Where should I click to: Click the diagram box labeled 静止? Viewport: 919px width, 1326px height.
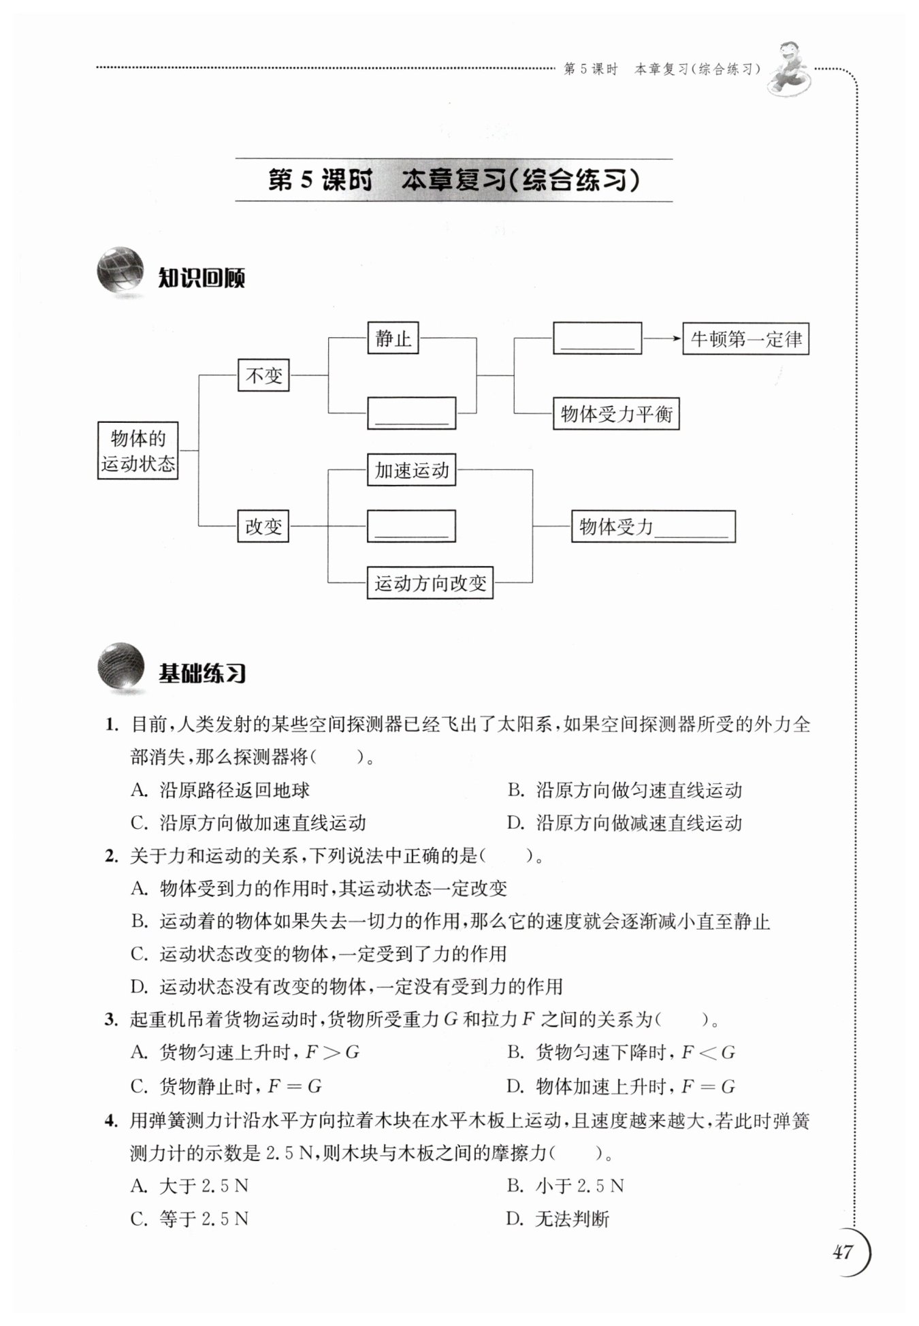(393, 338)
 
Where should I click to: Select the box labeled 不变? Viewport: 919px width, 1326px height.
(263, 375)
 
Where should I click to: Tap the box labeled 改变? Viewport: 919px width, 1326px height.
(263, 526)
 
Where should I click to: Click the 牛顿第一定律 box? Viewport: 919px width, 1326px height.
(746, 338)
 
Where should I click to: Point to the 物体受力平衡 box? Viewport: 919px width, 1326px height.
(616, 413)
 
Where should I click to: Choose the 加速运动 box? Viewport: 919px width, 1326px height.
(411, 470)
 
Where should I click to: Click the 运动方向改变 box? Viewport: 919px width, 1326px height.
(430, 583)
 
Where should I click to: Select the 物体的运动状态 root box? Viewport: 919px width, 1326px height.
(138, 450)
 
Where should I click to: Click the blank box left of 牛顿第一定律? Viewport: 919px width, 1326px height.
(597, 338)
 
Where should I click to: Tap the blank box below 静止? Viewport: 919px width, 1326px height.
(411, 413)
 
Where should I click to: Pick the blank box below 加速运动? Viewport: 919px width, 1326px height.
(411, 526)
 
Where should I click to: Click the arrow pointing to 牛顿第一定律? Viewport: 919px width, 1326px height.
(662, 338)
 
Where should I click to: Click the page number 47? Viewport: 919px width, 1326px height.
(843, 1251)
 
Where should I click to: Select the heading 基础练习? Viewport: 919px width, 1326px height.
(202, 674)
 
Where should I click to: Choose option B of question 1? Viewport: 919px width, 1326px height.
(624, 790)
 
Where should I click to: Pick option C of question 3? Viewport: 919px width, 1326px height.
(226, 1086)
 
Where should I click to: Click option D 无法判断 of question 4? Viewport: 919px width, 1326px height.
(558, 1219)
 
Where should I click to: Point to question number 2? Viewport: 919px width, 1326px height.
(112, 856)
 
